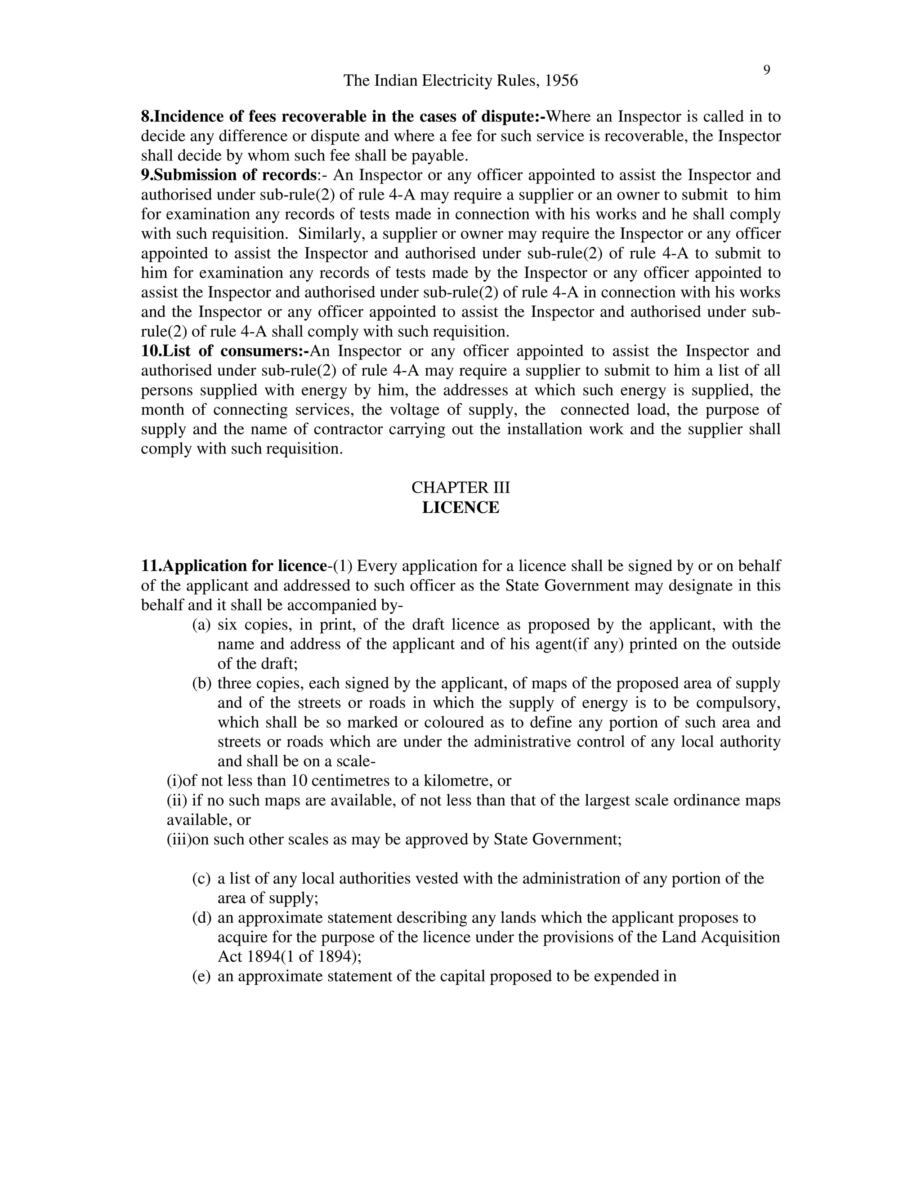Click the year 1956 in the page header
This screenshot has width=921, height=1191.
[x=561, y=81]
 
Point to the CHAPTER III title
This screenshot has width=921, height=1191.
[x=460, y=487]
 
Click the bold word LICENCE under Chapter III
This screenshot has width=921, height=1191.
[x=460, y=508]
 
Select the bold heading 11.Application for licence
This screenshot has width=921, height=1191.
[x=233, y=566]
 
